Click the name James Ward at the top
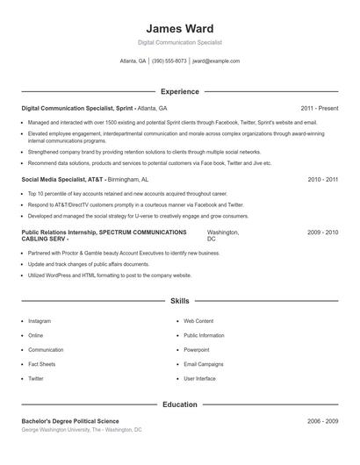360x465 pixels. click(179, 28)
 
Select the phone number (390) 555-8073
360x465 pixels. click(169, 61)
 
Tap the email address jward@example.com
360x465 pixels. click(216, 61)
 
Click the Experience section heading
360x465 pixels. click(179, 91)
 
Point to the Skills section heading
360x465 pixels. click(179, 301)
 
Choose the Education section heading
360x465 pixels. click(179, 405)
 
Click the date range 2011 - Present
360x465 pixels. click(319, 108)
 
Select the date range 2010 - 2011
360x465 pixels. click(323, 179)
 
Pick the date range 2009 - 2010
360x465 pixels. click(323, 232)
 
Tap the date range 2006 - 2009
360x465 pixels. click(323, 421)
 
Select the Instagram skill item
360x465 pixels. click(40, 321)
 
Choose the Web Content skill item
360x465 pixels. click(198, 321)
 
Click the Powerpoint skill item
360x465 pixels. click(197, 349)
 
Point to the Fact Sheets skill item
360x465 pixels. click(42, 364)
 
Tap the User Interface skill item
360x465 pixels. click(199, 378)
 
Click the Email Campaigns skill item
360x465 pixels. click(204, 364)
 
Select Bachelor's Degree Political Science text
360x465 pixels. click(70, 421)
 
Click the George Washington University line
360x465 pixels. click(81, 430)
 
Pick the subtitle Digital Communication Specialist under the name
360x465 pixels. click(179, 42)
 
